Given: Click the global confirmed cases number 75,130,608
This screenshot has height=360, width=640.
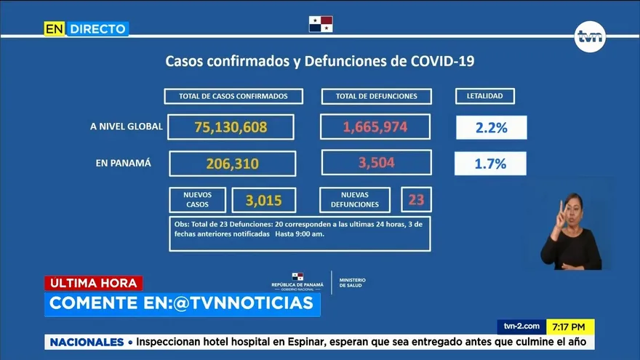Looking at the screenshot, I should click(231, 127).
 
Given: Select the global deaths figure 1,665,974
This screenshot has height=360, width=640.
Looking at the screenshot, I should click(375, 127).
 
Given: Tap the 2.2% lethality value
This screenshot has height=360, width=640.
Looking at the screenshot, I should click(491, 128).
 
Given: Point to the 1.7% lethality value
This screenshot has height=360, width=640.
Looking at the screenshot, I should click(490, 164).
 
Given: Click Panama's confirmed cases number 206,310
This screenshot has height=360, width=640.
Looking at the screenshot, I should click(232, 164).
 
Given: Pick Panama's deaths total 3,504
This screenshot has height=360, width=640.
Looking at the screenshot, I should click(376, 163).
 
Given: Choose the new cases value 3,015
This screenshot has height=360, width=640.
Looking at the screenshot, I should click(264, 200).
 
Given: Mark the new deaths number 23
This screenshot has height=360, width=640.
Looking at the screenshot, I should click(416, 199).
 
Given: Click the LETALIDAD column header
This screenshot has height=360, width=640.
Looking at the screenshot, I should click(485, 96).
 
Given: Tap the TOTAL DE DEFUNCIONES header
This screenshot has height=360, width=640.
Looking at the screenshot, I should click(376, 96).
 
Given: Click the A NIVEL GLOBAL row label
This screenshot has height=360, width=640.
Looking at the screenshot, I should click(126, 127).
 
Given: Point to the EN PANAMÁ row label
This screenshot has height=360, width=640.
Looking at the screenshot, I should click(124, 163).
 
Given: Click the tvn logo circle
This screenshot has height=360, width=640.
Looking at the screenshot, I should click(590, 37).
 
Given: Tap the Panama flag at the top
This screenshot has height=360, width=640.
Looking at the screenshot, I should click(321, 23).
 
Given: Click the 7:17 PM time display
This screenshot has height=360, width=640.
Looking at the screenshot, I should click(569, 327).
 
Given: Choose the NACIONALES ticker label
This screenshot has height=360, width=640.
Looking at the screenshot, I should click(87, 342).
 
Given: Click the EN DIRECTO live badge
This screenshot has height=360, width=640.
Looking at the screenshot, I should click(86, 28).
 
